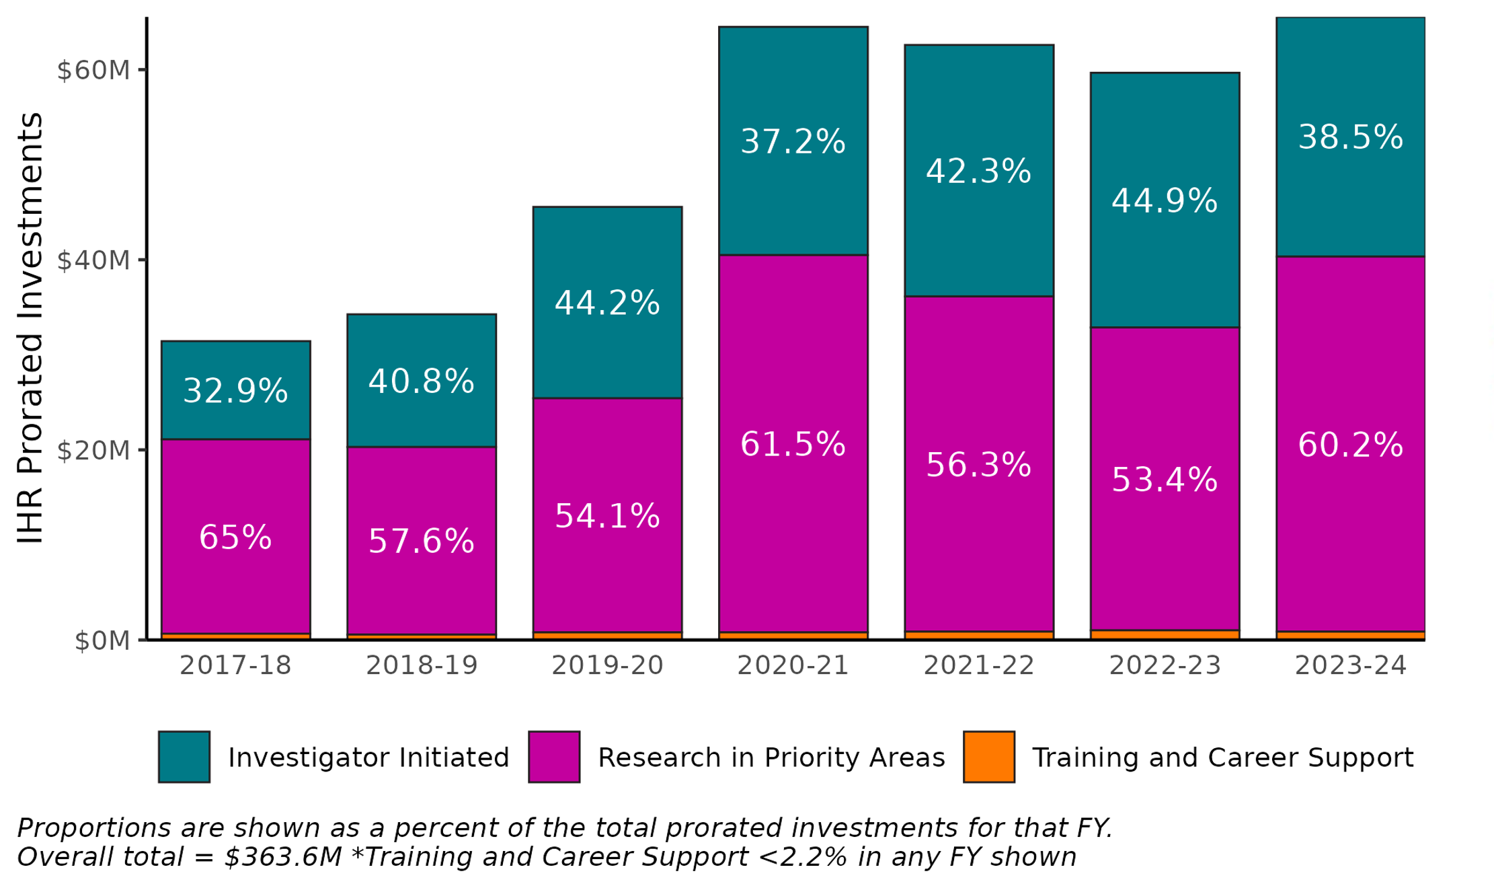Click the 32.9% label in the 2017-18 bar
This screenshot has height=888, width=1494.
[x=235, y=391]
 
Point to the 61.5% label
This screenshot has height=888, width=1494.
[x=793, y=445]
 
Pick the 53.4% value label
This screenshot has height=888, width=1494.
[x=1165, y=480]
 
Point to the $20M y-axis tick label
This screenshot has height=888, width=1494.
[x=93, y=451]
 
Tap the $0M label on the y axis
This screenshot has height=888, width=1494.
[x=102, y=641]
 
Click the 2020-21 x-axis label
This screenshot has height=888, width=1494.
[x=793, y=666]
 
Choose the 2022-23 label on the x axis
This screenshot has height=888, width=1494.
[x=1165, y=666]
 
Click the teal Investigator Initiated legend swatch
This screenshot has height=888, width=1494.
[x=184, y=757]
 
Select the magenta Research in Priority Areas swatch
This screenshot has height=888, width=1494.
[x=554, y=757]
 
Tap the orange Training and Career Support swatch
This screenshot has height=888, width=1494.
[x=988, y=757]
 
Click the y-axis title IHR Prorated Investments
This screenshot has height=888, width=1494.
[x=30, y=328]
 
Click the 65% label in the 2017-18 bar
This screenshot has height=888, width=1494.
[x=235, y=538]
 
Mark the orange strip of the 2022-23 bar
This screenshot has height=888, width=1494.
[x=1165, y=634]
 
